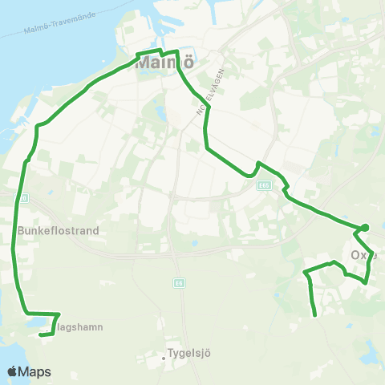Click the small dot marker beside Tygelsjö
[x=163, y=358]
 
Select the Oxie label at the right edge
[x=363, y=256]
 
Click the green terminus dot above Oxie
[x=365, y=228]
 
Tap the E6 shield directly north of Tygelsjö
[x=178, y=283]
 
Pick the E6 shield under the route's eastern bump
[x=262, y=185]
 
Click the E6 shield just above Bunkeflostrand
[x=22, y=197]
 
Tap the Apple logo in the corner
[x=13, y=371]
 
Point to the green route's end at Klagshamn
[x=42, y=334]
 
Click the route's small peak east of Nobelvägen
[x=258, y=164]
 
